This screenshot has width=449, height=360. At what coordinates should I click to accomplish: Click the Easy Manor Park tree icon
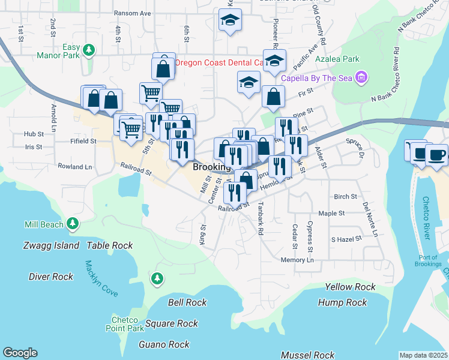pyautogui.click(x=89, y=50)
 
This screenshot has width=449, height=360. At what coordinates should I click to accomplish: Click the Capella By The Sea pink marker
pyautogui.click(x=361, y=77)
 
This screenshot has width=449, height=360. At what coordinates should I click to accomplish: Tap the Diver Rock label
pyautogui.click(x=51, y=277)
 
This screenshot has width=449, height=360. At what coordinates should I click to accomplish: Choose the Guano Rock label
pyautogui.click(x=164, y=344)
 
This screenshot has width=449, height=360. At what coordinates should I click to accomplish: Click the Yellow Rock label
pyautogui.click(x=350, y=287)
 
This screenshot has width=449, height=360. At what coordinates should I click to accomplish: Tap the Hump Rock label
pyautogui.click(x=342, y=302)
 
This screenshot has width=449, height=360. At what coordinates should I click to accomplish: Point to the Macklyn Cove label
pyautogui.click(x=101, y=279)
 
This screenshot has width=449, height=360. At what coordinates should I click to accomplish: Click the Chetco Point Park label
pyautogui.click(x=127, y=324)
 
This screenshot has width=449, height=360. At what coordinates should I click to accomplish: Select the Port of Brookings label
pyautogui.click(x=428, y=260)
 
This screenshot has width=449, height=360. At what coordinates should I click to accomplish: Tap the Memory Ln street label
pyautogui.click(x=297, y=260)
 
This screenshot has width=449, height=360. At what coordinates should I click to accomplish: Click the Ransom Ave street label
pyautogui.click(x=133, y=13)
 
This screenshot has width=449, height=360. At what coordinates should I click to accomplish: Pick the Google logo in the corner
pyautogui.click(x=20, y=353)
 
